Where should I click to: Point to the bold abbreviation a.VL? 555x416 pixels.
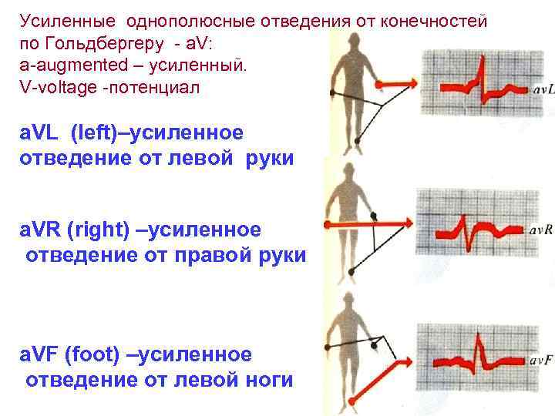click(x=40, y=133)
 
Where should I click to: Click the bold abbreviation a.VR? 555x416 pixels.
click(x=41, y=229)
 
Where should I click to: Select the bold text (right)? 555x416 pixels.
click(x=103, y=229)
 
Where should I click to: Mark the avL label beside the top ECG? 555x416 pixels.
click(x=542, y=91)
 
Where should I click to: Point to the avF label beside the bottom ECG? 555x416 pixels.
click(x=540, y=360)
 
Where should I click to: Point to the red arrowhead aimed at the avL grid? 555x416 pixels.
click(x=410, y=83)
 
